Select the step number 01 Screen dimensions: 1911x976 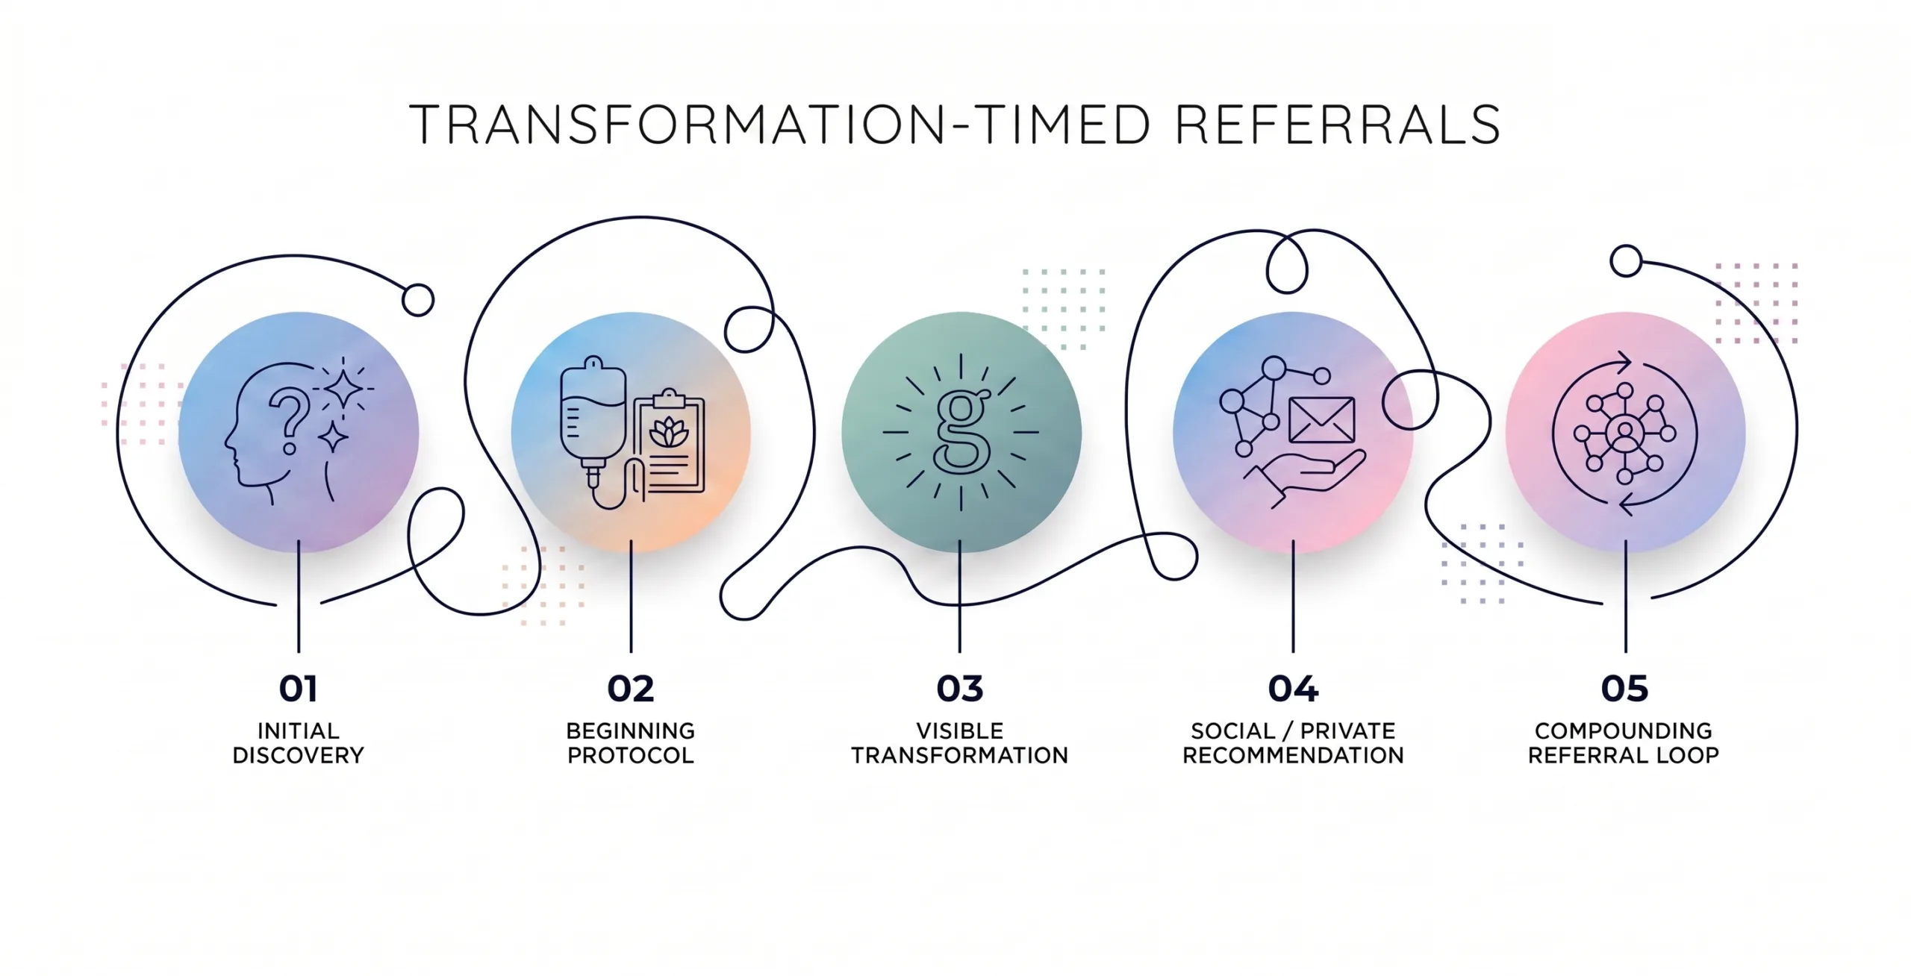tap(299, 689)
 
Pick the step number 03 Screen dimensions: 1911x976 tap(960, 689)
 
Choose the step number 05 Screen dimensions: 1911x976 tap(1624, 689)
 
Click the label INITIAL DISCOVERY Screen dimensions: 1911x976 tap(299, 743)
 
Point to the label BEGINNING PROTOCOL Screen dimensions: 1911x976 tap(631, 743)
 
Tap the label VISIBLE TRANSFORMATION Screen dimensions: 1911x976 tap(960, 743)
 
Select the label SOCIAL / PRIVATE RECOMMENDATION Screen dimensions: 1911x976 tap(1293, 743)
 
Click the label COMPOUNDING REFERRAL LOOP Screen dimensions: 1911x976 tap(1624, 743)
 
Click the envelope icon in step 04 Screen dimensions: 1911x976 tap(1321, 420)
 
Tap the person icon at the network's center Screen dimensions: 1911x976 tap(1624, 433)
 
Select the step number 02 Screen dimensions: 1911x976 tap(631, 689)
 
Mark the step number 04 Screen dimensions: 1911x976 tap(1293, 689)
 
